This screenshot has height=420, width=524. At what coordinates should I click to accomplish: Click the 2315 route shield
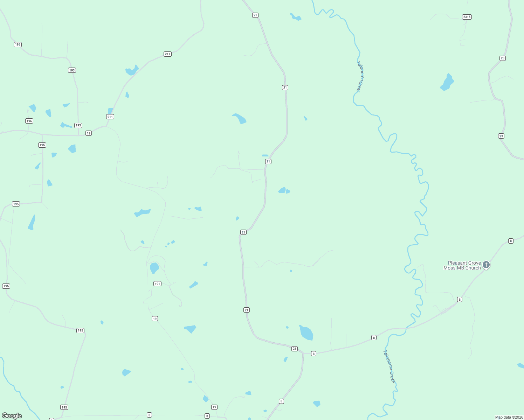(x=467, y=17)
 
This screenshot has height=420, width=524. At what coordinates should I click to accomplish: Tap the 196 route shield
(x=29, y=121)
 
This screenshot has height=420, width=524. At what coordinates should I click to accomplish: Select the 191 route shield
(x=157, y=283)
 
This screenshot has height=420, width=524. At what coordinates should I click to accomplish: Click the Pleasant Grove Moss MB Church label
(x=462, y=265)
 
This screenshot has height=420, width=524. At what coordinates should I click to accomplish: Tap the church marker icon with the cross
(x=486, y=265)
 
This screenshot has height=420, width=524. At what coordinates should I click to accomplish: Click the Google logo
(x=12, y=416)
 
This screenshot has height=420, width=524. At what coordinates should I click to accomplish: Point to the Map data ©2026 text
(x=509, y=417)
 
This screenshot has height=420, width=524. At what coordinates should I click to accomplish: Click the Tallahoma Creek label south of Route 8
(x=389, y=366)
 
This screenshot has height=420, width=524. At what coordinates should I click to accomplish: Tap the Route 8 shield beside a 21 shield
(x=313, y=353)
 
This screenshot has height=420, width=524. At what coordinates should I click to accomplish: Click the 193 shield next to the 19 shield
(x=78, y=125)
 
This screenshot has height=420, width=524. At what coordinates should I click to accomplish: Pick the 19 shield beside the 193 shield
(x=89, y=133)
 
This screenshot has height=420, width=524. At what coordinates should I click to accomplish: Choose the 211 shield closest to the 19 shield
(x=110, y=117)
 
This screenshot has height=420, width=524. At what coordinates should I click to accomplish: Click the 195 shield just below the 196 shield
(x=42, y=145)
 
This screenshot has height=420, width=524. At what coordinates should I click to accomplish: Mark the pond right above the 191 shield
(x=154, y=268)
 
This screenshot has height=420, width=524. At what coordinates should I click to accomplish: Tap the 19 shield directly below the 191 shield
(x=155, y=318)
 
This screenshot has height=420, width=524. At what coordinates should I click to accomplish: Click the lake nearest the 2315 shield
(x=447, y=82)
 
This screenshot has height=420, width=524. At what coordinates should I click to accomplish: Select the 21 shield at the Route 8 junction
(x=295, y=349)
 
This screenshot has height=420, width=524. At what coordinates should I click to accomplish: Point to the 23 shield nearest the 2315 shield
(x=503, y=58)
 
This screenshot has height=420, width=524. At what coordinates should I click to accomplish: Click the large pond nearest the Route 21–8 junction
(x=306, y=332)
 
